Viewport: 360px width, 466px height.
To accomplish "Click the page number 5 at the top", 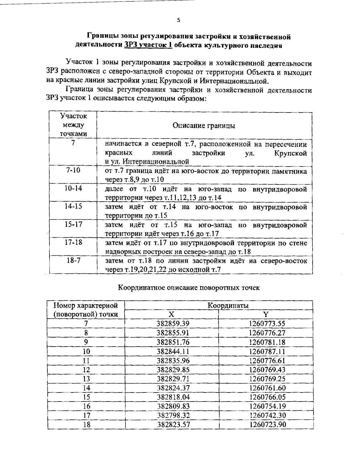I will pyautogui.click(x=178, y=20).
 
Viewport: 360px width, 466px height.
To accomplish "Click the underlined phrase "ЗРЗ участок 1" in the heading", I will pyautogui.click(x=147, y=46).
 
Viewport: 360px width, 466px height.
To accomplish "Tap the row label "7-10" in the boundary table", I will pyautogui.click(x=73, y=170).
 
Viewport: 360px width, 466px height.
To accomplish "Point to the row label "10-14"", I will pyautogui.click(x=73, y=188).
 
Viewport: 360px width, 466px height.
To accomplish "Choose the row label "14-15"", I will pyautogui.click(x=73, y=206).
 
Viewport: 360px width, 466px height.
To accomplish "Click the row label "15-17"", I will pyautogui.click(x=73, y=224).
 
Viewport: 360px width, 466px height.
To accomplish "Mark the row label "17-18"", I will pyautogui.click(x=73, y=242).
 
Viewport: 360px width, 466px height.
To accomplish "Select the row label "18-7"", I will pyautogui.click(x=73, y=260).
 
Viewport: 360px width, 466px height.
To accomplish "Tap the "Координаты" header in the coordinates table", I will pyautogui.click(x=228, y=305).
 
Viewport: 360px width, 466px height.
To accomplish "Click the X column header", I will pyautogui.click(x=171, y=314).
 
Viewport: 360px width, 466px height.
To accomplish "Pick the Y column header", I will pyautogui.click(x=266, y=314).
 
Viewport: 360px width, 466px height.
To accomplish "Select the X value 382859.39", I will pyautogui.click(x=173, y=323).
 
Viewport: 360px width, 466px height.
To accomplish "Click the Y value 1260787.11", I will pyautogui.click(x=267, y=351).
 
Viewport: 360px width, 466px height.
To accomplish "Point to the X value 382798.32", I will pyautogui.click(x=173, y=415).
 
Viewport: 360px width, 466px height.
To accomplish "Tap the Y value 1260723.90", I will pyautogui.click(x=267, y=425).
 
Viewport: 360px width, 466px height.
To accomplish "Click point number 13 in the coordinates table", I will pyautogui.click(x=86, y=379).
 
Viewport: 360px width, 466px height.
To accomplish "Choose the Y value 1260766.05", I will pyautogui.click(x=267, y=397).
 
